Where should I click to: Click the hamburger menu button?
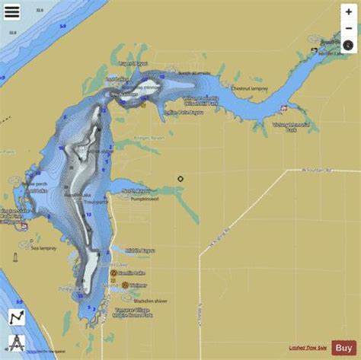pyautogui.click(x=12, y=13)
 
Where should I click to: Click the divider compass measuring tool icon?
pyautogui.click(x=16, y=339)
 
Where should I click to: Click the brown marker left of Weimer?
pyautogui.click(x=114, y=285)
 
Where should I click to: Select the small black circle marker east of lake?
pyautogui.click(x=180, y=180)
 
